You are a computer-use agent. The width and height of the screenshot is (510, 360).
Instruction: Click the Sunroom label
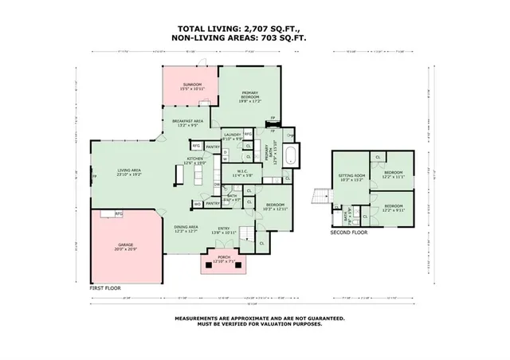coord(191,86)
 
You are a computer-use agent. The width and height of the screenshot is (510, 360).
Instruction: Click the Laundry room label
coord(232,136)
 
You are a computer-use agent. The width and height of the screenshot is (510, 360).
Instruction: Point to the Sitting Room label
coord(351,177)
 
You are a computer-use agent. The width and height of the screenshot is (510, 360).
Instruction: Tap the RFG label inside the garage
coord(119,213)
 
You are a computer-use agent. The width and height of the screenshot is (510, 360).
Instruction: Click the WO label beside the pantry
coord(198,203)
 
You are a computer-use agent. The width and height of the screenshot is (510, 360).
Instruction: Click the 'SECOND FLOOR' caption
coord(349,233)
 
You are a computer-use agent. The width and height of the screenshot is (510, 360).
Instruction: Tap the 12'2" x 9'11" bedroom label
coord(394,209)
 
